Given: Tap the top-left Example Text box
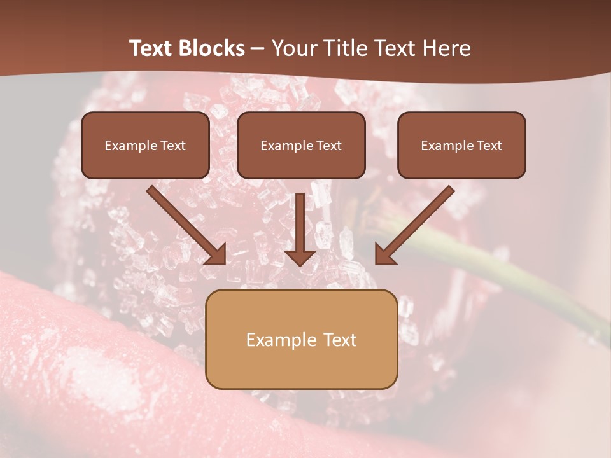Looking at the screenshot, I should [145, 145].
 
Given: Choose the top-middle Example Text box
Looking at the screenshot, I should [301, 145].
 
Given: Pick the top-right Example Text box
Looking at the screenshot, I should [461, 145].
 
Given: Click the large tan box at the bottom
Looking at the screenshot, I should [301, 339].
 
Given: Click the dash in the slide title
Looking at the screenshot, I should [258, 49].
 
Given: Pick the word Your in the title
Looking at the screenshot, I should [291, 48].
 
